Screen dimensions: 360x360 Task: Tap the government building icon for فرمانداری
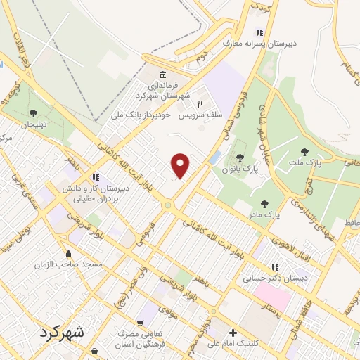(162, 75)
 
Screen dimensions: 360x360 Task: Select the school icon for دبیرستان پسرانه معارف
(259, 32)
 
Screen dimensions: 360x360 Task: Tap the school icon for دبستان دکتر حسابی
(276, 267)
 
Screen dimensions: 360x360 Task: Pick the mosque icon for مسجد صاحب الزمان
(69, 254)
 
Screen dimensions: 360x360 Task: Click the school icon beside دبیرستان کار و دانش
(96, 176)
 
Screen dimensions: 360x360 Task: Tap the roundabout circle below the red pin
(169, 205)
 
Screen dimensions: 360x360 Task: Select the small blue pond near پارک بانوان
(215, 156)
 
